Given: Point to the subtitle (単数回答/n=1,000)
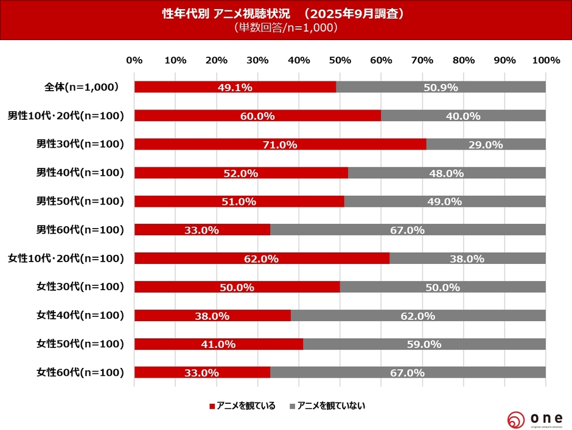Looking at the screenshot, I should [x=285, y=28].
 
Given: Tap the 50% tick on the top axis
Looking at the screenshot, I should [x=340, y=60].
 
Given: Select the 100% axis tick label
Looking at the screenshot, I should [x=545, y=60].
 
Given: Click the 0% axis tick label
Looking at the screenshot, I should [x=134, y=60].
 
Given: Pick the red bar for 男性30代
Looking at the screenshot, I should [x=280, y=144].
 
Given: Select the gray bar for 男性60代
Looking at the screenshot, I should [x=408, y=230].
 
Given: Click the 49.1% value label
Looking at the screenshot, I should [x=235, y=88].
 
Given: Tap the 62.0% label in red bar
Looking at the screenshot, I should [x=262, y=258].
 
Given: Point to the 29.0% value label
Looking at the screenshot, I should [x=486, y=145].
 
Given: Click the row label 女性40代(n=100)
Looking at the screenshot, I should [x=80, y=315].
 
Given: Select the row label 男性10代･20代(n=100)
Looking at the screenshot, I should [x=66, y=116].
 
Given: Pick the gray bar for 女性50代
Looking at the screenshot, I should [x=424, y=344].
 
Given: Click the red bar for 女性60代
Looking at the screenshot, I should [x=202, y=372].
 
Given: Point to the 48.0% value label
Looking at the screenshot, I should [x=447, y=173].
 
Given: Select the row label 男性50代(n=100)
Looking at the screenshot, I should [x=80, y=201].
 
